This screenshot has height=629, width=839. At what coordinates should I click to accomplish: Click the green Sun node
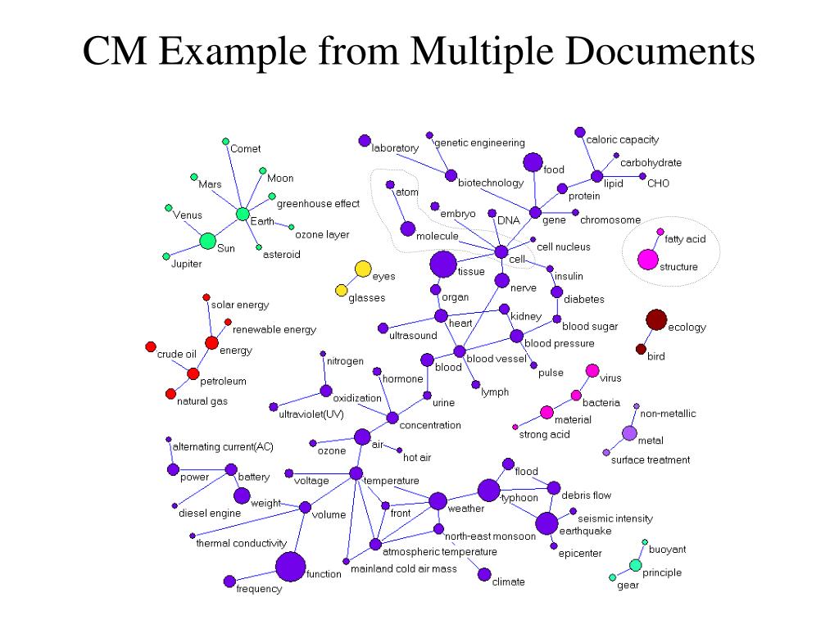208,241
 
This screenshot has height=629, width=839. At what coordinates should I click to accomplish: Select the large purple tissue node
443,264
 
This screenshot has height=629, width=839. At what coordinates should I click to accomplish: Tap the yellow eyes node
362,269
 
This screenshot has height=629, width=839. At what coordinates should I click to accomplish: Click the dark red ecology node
655,319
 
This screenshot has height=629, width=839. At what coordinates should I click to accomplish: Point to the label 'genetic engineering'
479,143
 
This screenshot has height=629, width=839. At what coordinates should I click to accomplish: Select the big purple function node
290,567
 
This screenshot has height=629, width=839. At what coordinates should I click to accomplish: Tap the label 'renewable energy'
274,330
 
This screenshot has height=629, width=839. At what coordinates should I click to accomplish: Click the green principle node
635,565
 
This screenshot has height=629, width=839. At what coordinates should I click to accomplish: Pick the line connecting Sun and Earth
226,227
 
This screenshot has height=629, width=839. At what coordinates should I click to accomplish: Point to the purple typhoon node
488,490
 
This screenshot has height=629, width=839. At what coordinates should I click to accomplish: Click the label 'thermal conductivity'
241,543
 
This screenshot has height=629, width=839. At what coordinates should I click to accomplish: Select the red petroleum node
193,374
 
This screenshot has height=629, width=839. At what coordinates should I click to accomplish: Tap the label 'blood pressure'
559,344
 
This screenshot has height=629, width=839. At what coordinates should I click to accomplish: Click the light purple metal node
629,433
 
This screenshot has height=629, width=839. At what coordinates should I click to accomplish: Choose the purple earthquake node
546,523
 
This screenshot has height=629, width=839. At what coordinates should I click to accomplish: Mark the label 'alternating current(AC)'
222,447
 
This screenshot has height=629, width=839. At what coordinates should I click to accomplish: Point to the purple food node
533,162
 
